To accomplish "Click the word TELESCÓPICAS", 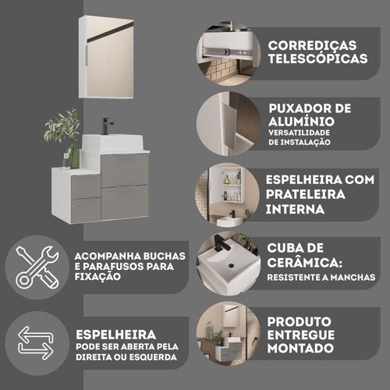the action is coord(317,58).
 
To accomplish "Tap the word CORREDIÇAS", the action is coord(312,46).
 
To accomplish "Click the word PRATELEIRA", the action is coord(306,194).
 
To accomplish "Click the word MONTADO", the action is coord(300,348).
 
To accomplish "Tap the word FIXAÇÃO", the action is coord(97,277).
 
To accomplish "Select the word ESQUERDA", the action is coord(153,357).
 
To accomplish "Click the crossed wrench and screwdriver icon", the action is coord(37,268).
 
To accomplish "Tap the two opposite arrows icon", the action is coord(36,343).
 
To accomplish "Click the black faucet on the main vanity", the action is coord(107,126).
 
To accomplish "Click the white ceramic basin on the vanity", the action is coord(112,143).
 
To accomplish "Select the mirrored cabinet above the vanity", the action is coord(106,57).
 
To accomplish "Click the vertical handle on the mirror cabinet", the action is coord(86,57).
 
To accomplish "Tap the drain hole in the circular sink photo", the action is coord(231,265).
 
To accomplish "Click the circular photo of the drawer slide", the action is coord(229,54).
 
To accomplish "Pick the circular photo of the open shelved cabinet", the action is coord(228,195).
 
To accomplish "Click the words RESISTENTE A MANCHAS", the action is coord(321,278).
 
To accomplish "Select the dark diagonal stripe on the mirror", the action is coord(110,33).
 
